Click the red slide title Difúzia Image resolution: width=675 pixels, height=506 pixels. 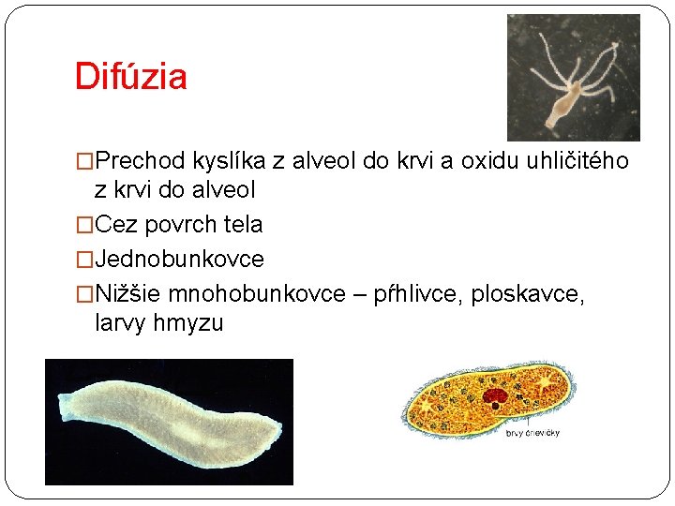click(x=130, y=76)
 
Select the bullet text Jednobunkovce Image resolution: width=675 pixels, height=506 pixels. click(x=179, y=260)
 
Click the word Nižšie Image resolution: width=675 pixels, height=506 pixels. click(x=127, y=293)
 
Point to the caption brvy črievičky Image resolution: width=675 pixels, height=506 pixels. click(x=532, y=433)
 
